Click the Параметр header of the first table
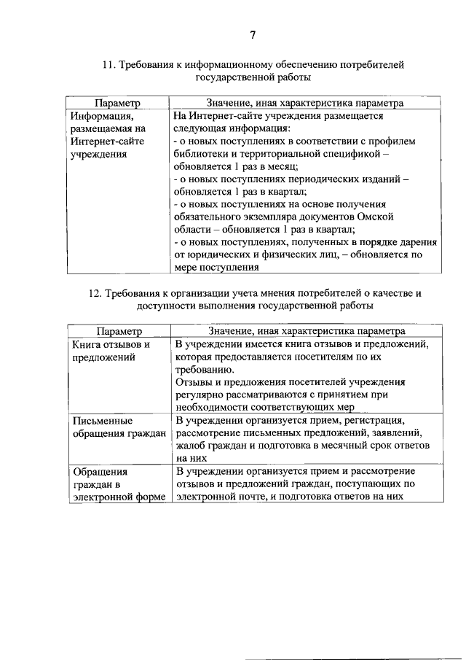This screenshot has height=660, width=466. pyautogui.click(x=117, y=104)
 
